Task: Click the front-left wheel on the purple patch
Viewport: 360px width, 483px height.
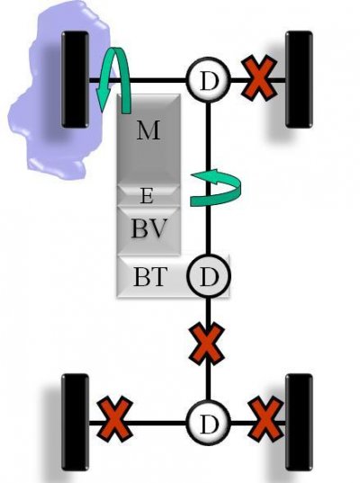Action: click(x=76, y=79)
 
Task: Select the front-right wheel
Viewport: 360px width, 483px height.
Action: click(x=299, y=79)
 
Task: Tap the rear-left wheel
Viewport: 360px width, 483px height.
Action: click(x=76, y=423)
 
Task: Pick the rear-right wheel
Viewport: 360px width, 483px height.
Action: click(x=299, y=423)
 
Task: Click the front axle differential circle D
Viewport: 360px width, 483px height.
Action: click(x=209, y=79)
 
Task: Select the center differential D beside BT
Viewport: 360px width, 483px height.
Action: click(x=209, y=276)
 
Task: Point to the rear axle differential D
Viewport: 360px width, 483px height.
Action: click(x=209, y=423)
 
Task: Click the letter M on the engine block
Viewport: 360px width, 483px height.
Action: click(x=148, y=130)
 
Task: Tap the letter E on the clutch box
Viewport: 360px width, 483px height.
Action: click(x=147, y=196)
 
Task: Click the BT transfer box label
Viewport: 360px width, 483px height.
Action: click(x=150, y=276)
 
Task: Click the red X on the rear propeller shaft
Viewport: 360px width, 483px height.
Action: click(x=207, y=343)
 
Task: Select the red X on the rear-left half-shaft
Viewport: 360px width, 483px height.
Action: click(x=115, y=419)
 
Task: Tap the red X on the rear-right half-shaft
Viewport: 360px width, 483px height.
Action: click(x=265, y=419)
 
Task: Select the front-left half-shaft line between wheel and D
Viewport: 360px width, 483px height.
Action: click(x=138, y=81)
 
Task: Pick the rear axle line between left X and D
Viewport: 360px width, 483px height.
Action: click(x=159, y=423)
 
